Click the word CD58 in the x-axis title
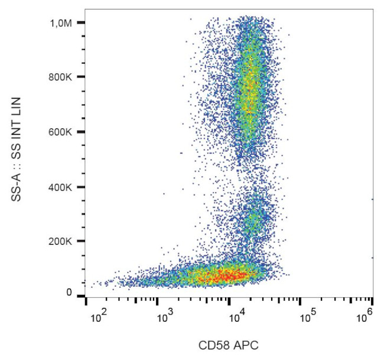[x=216, y=345]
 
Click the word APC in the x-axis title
[x=247, y=345]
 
